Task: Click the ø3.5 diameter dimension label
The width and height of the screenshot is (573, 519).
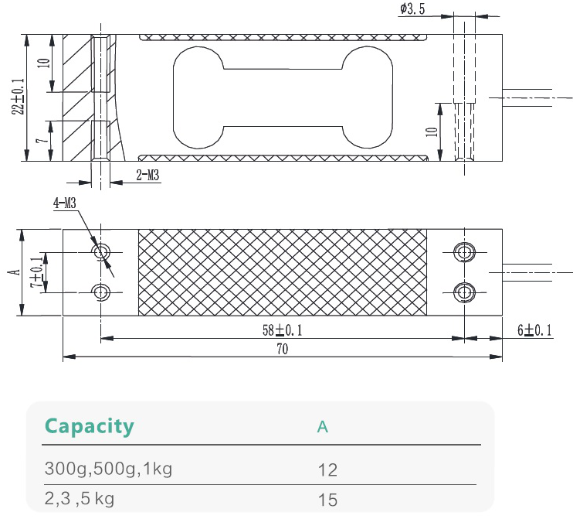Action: point(414,9)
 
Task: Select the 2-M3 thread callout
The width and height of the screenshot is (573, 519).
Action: point(147,176)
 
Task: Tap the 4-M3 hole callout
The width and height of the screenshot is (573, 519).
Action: point(65,204)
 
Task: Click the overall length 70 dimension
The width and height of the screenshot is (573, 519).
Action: point(282,350)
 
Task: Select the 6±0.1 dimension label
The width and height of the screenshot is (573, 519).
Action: point(536,330)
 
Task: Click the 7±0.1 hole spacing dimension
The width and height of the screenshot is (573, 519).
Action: point(35,272)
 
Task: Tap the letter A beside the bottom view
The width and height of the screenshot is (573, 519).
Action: point(12,272)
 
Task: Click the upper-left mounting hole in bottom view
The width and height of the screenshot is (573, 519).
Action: point(100,253)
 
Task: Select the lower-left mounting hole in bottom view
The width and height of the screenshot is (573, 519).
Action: point(100,292)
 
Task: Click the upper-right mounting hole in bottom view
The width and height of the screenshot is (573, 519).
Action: point(463,253)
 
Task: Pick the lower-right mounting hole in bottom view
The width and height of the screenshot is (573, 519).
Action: point(463,292)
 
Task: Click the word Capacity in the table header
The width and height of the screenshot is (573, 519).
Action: point(89,426)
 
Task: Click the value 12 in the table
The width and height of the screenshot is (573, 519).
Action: point(327,469)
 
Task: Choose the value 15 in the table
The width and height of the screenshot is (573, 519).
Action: point(327,499)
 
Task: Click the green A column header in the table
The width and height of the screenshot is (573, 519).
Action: point(323,427)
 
